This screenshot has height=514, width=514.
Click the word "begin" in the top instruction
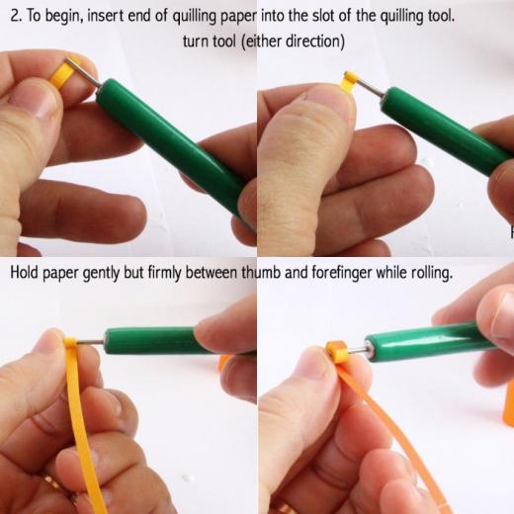64,17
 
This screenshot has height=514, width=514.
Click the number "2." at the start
17,16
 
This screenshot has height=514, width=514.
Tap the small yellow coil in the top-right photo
350,82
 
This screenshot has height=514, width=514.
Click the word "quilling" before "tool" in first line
400,17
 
